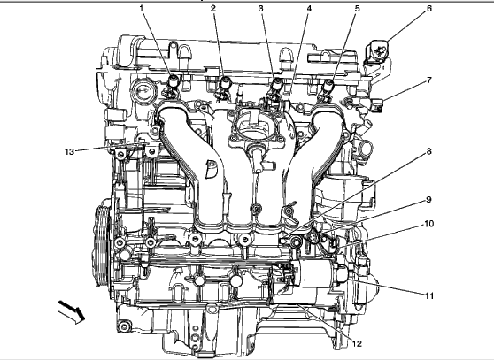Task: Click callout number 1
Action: tap(142, 8)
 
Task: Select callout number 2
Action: tap(213, 9)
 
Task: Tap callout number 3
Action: tap(260, 9)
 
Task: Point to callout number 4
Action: tap(309, 9)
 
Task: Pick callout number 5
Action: tap(357, 9)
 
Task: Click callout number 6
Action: tap(429, 9)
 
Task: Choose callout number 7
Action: tap(428, 80)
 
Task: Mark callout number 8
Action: tap(428, 151)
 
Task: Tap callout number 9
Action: tap(428, 200)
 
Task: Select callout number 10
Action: tap(428, 224)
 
